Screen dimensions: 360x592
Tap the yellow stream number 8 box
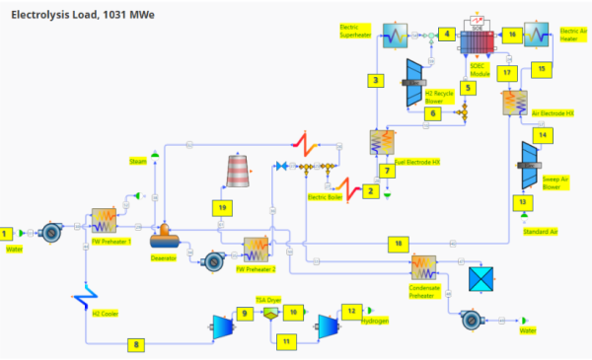point(136,344)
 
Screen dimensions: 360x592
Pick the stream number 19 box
point(224,207)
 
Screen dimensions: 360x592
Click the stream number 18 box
point(397,242)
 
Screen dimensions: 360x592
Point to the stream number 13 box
point(523,200)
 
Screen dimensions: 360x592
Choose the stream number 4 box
point(447,35)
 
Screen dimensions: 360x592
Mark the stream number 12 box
point(350,311)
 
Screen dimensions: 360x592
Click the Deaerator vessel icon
point(163,236)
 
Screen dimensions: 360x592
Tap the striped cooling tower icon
point(238,170)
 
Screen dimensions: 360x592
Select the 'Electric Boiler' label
point(324,196)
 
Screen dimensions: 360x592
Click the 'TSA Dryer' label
point(269,298)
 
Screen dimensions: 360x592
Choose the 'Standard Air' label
point(534,233)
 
